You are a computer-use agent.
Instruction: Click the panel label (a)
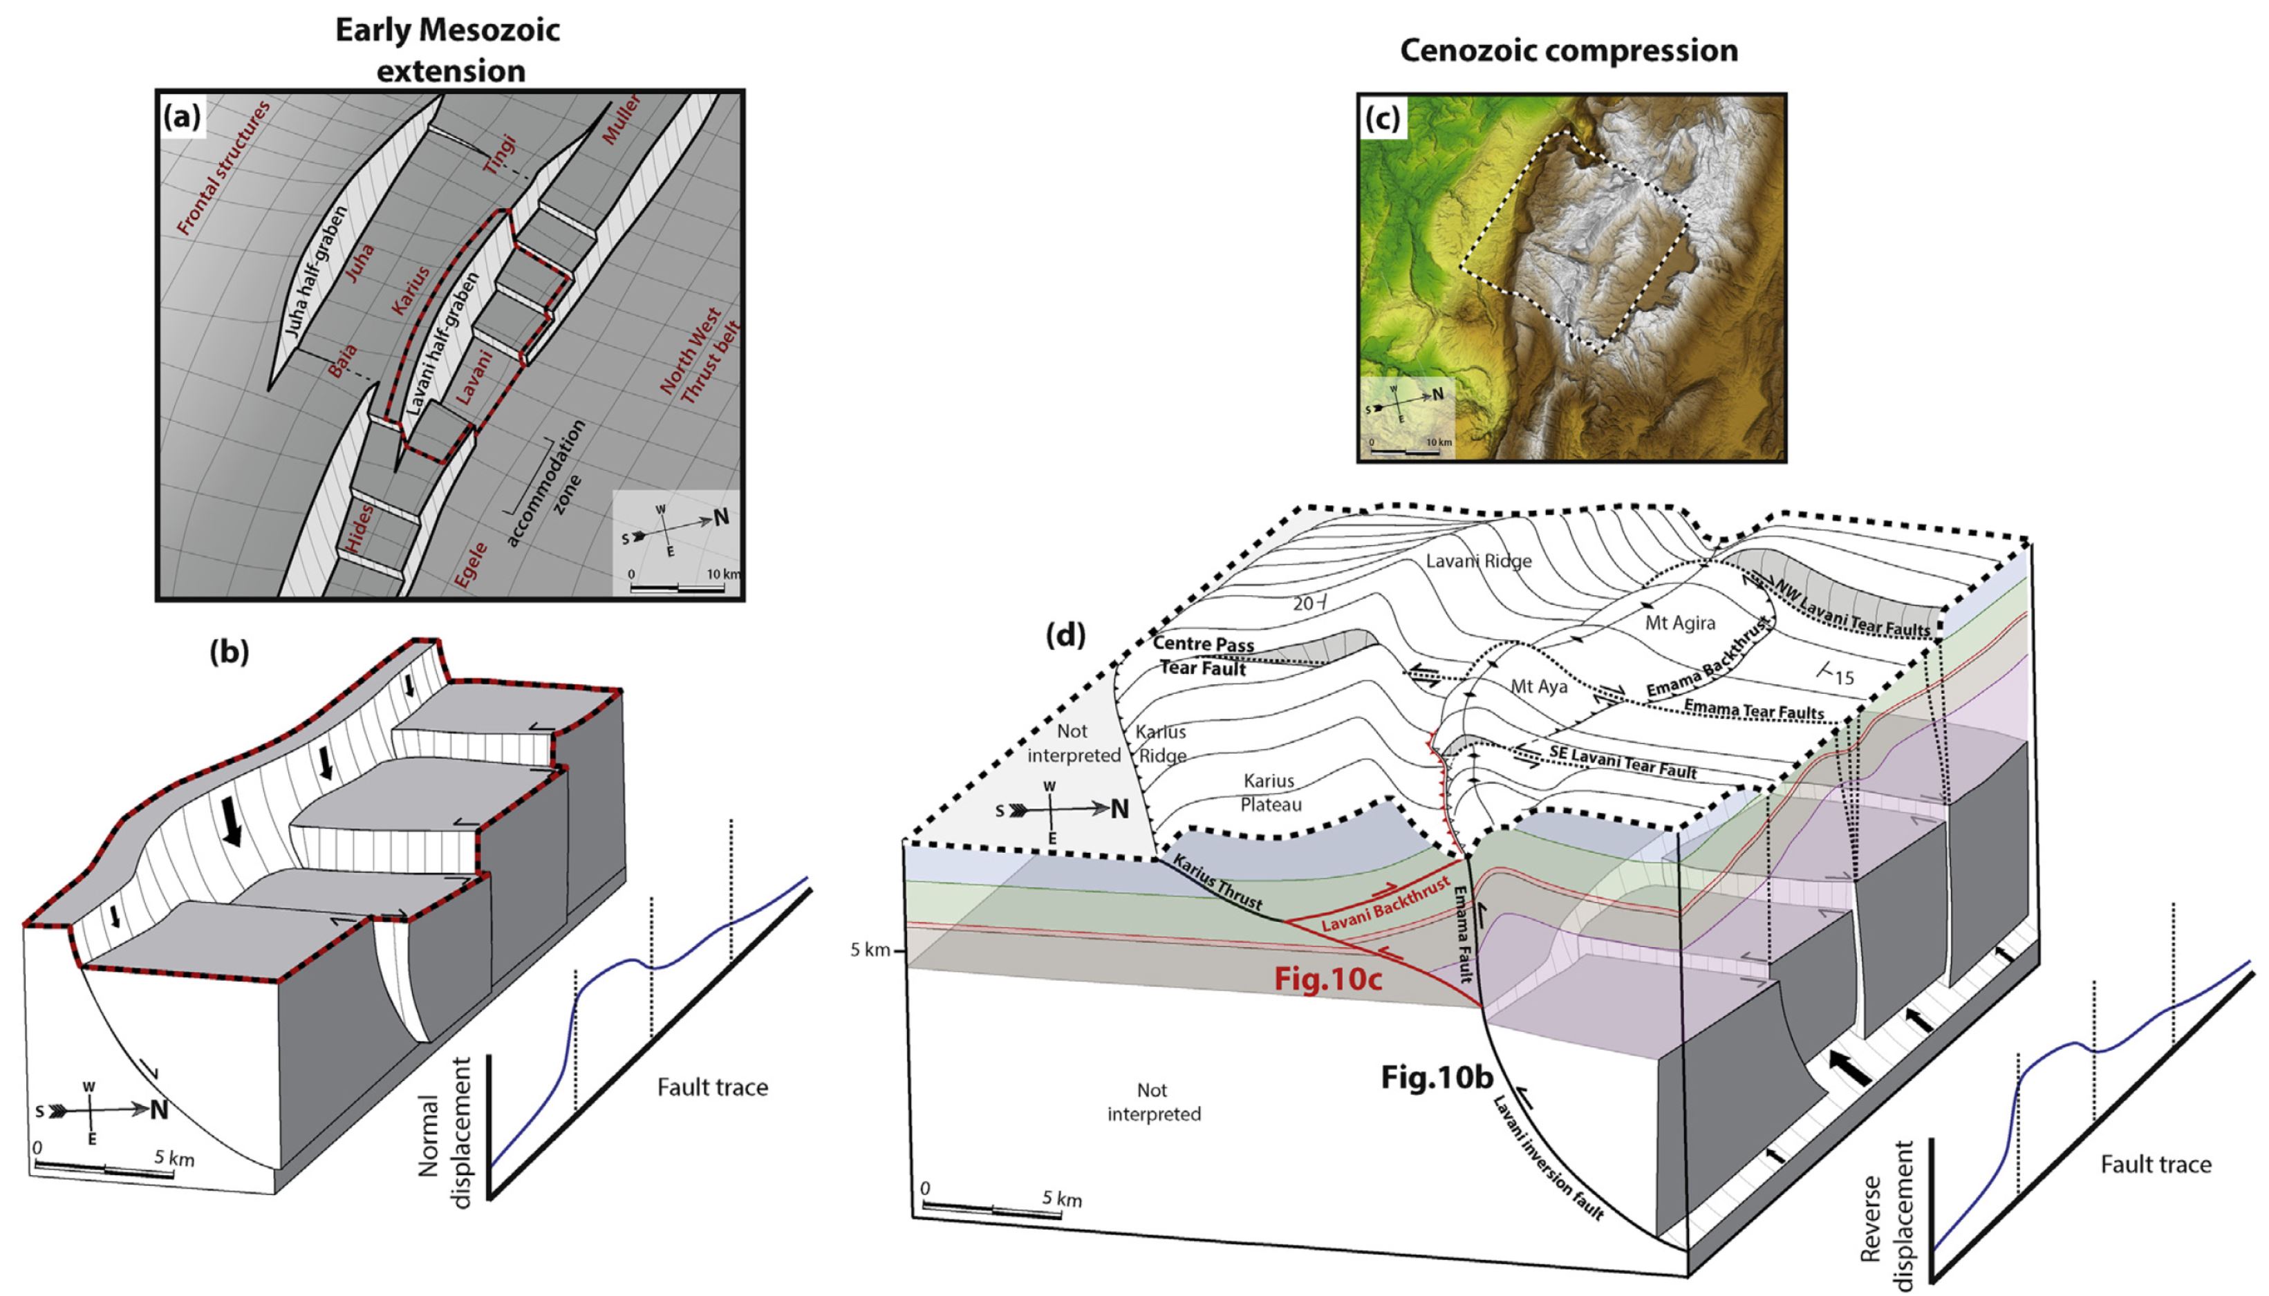click(183, 117)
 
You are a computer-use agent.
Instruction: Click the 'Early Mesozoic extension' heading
click(448, 50)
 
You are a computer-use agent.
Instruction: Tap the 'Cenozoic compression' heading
click(1569, 50)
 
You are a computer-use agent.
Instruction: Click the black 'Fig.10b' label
click(1436, 1077)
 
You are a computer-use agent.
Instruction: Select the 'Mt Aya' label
click(1539, 687)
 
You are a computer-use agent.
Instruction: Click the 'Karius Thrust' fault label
click(1217, 882)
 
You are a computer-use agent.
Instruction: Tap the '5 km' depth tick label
click(870, 950)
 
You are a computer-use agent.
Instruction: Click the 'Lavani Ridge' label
click(1479, 561)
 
